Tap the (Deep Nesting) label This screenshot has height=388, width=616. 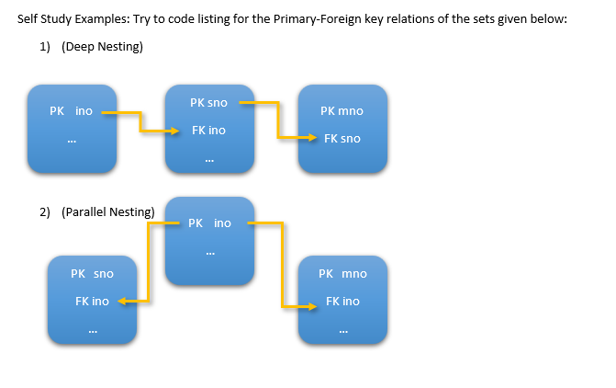[102, 47]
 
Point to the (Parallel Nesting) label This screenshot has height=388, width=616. [107, 211]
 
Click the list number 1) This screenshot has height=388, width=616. [44, 47]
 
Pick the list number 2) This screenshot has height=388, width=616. [44, 211]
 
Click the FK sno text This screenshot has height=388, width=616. [342, 139]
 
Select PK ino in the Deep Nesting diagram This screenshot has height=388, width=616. [71, 111]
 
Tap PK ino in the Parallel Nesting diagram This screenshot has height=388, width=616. [209, 223]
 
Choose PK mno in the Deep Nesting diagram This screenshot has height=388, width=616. [342, 111]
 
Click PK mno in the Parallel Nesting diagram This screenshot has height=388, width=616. [342, 274]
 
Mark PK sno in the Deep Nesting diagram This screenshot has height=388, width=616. [208, 103]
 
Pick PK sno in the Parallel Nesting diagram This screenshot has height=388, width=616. [92, 274]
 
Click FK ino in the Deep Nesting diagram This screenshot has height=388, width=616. [208, 131]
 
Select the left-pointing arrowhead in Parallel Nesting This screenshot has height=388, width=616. [123, 302]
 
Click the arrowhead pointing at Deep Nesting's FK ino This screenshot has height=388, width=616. [179, 131]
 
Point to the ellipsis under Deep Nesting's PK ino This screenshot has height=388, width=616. [71, 142]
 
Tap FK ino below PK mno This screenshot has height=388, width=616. [342, 302]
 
